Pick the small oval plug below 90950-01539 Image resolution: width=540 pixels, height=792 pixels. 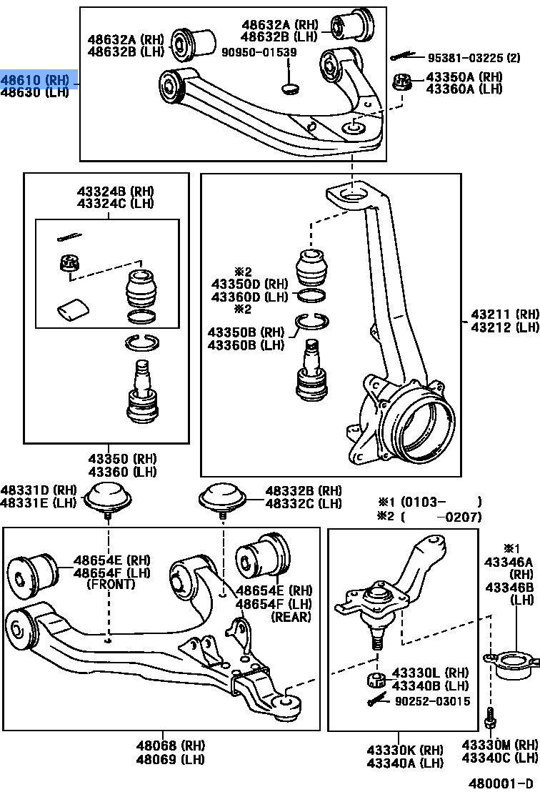point(290,89)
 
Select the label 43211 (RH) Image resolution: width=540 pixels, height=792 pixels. point(504,315)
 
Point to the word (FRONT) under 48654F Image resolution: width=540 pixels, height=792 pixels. point(111,585)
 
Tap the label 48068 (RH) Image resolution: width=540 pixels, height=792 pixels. point(161,744)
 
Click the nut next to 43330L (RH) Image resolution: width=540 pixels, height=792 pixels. point(375,678)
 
